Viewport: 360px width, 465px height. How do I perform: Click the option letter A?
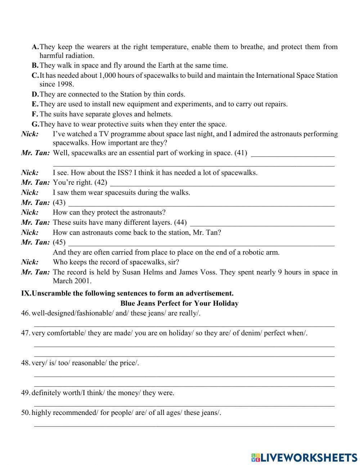coord(35,47)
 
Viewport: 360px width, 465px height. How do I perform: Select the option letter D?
coord(35,94)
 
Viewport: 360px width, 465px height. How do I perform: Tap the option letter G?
coord(35,124)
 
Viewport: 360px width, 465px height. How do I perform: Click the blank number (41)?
coord(240,153)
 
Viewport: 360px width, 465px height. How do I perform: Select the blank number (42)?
coord(101,183)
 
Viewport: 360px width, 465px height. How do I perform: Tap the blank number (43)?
coord(59,202)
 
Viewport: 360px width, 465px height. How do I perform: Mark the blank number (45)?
coord(59,242)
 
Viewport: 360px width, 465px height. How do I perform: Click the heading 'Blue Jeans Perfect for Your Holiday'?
coord(179,303)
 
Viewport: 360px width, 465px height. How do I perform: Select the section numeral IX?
coord(26,293)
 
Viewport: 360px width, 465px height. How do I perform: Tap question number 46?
coord(25,313)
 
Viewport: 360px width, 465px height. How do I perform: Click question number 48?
coord(25,363)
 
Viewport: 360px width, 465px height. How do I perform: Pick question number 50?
coord(25,413)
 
